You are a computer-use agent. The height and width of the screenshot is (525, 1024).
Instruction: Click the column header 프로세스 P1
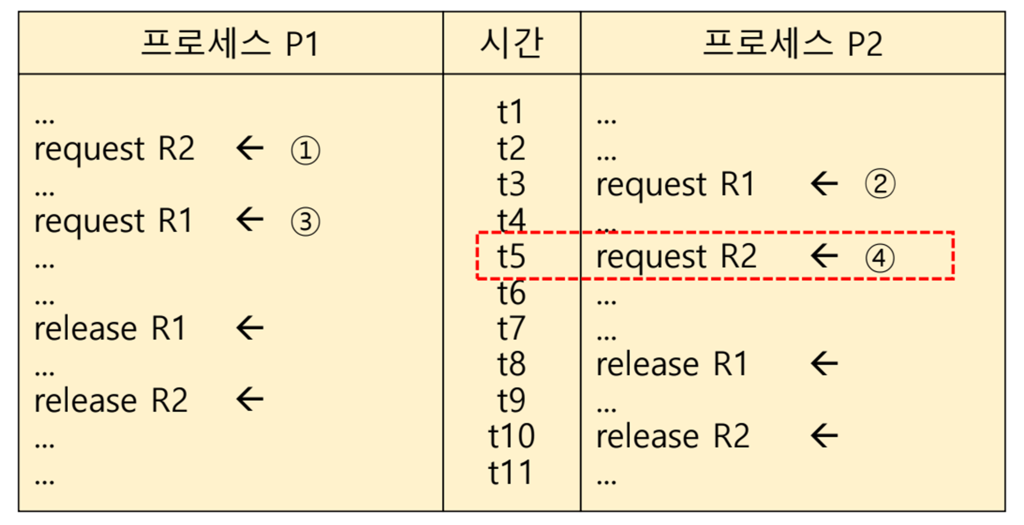point(230,43)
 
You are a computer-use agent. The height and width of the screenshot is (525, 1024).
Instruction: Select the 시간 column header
point(512,43)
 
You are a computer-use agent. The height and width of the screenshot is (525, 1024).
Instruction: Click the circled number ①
point(305,150)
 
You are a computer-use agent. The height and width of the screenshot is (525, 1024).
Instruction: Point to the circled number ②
point(880,184)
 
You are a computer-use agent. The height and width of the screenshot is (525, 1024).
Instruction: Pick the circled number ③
point(305,222)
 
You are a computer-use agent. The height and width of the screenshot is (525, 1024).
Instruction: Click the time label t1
point(510,112)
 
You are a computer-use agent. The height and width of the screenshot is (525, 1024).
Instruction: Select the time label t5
point(511,256)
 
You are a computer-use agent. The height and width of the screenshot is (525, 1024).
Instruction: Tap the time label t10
point(511,436)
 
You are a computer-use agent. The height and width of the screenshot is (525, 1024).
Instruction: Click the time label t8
point(511,364)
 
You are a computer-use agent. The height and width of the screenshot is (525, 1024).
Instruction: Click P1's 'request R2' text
point(115,150)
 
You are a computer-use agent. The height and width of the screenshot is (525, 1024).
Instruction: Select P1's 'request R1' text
point(114,221)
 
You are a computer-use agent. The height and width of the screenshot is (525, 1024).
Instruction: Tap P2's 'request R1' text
point(676,185)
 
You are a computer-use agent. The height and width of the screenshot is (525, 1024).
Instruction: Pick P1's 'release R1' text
point(110,329)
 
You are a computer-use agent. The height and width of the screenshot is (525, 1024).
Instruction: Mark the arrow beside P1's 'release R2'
point(250,399)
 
